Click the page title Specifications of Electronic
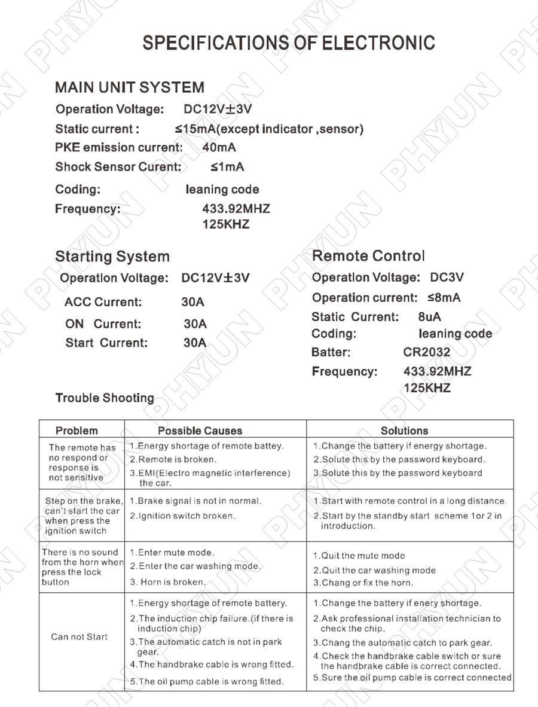point(289,43)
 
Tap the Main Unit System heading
point(129,87)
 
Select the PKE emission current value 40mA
point(219,147)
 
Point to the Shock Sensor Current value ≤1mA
point(227,167)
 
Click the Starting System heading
point(112,257)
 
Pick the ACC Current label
point(103,302)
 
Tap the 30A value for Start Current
point(195,343)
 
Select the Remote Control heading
point(368,256)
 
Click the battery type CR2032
point(427,352)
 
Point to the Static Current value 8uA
point(430,317)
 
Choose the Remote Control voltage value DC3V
point(447,278)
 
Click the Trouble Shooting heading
point(105,398)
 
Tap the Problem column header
point(77,431)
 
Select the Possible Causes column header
point(200,431)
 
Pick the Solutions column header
point(404,431)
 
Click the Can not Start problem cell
point(80,637)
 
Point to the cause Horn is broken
point(169,582)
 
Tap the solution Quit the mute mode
point(359,556)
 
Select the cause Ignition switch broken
point(183,516)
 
